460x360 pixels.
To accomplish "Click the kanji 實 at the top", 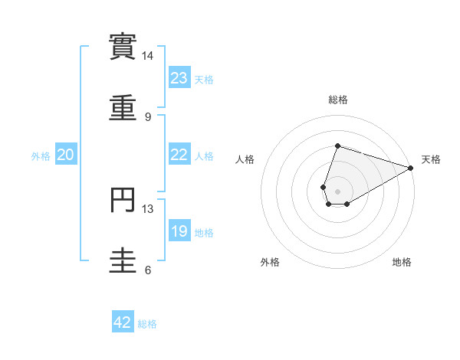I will (x=123, y=47).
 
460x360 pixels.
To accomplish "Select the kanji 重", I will (x=123, y=108).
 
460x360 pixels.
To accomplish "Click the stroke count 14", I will (x=147, y=56).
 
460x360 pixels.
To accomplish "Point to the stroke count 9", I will (x=147, y=117).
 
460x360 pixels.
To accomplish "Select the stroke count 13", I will (x=147, y=209).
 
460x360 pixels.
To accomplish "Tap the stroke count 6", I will (x=147, y=270).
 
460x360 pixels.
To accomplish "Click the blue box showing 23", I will (x=179, y=77).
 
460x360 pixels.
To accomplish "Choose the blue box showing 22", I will (x=179, y=155).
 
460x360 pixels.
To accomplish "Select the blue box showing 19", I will (x=179, y=231).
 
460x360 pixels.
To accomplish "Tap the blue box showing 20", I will (x=66, y=155).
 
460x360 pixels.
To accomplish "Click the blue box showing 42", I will (x=123, y=322).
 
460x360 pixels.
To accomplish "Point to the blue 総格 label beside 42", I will (x=147, y=324).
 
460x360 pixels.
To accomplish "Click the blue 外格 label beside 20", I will (x=41, y=156).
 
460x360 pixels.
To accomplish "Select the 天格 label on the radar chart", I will (x=431, y=159).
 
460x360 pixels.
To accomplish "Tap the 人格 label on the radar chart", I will (x=245, y=159).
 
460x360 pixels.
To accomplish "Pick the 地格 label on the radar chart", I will (x=402, y=262).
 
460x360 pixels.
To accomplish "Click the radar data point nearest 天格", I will (x=411, y=167).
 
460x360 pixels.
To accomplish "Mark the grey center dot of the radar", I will (x=337, y=191).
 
